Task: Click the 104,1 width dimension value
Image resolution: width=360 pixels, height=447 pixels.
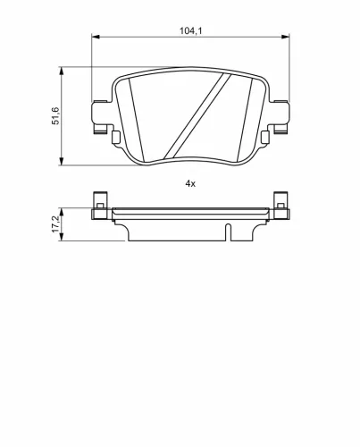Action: click(188, 30)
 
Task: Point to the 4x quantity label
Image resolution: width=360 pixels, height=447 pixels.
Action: click(189, 182)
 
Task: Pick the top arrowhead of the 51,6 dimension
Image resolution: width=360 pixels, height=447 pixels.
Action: click(63, 69)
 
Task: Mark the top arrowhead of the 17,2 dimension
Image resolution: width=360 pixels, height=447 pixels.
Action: click(63, 208)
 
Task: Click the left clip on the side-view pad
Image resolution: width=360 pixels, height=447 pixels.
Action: click(99, 205)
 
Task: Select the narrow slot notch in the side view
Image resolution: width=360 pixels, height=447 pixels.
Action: click(227, 233)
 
